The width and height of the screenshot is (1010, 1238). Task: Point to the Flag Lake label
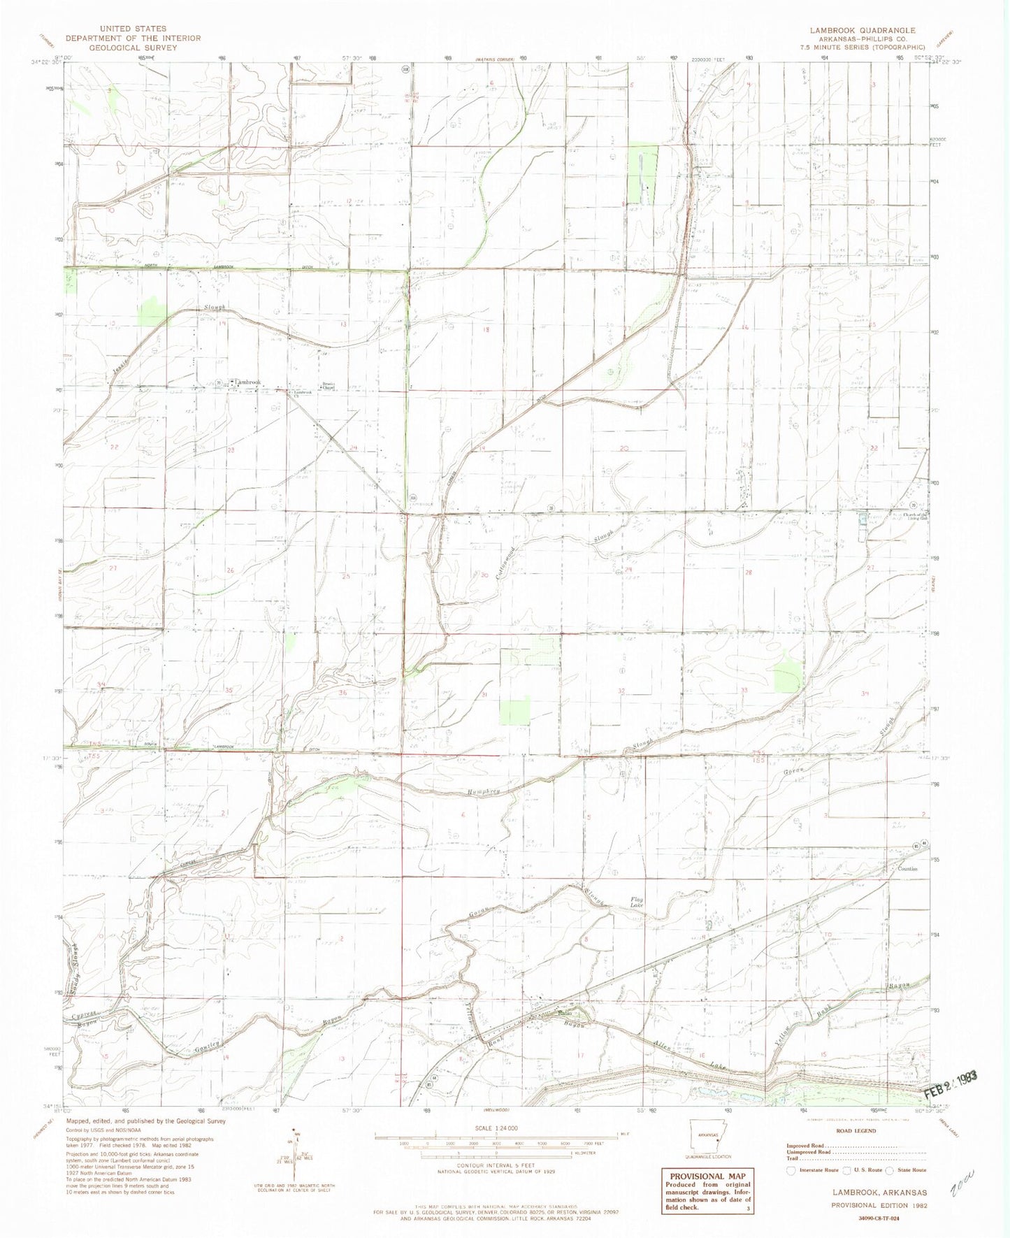click(637, 902)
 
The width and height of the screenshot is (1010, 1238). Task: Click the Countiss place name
click(907, 869)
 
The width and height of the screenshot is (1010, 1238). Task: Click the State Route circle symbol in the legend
click(890, 1169)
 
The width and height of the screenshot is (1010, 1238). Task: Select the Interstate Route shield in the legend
click(789, 1169)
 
